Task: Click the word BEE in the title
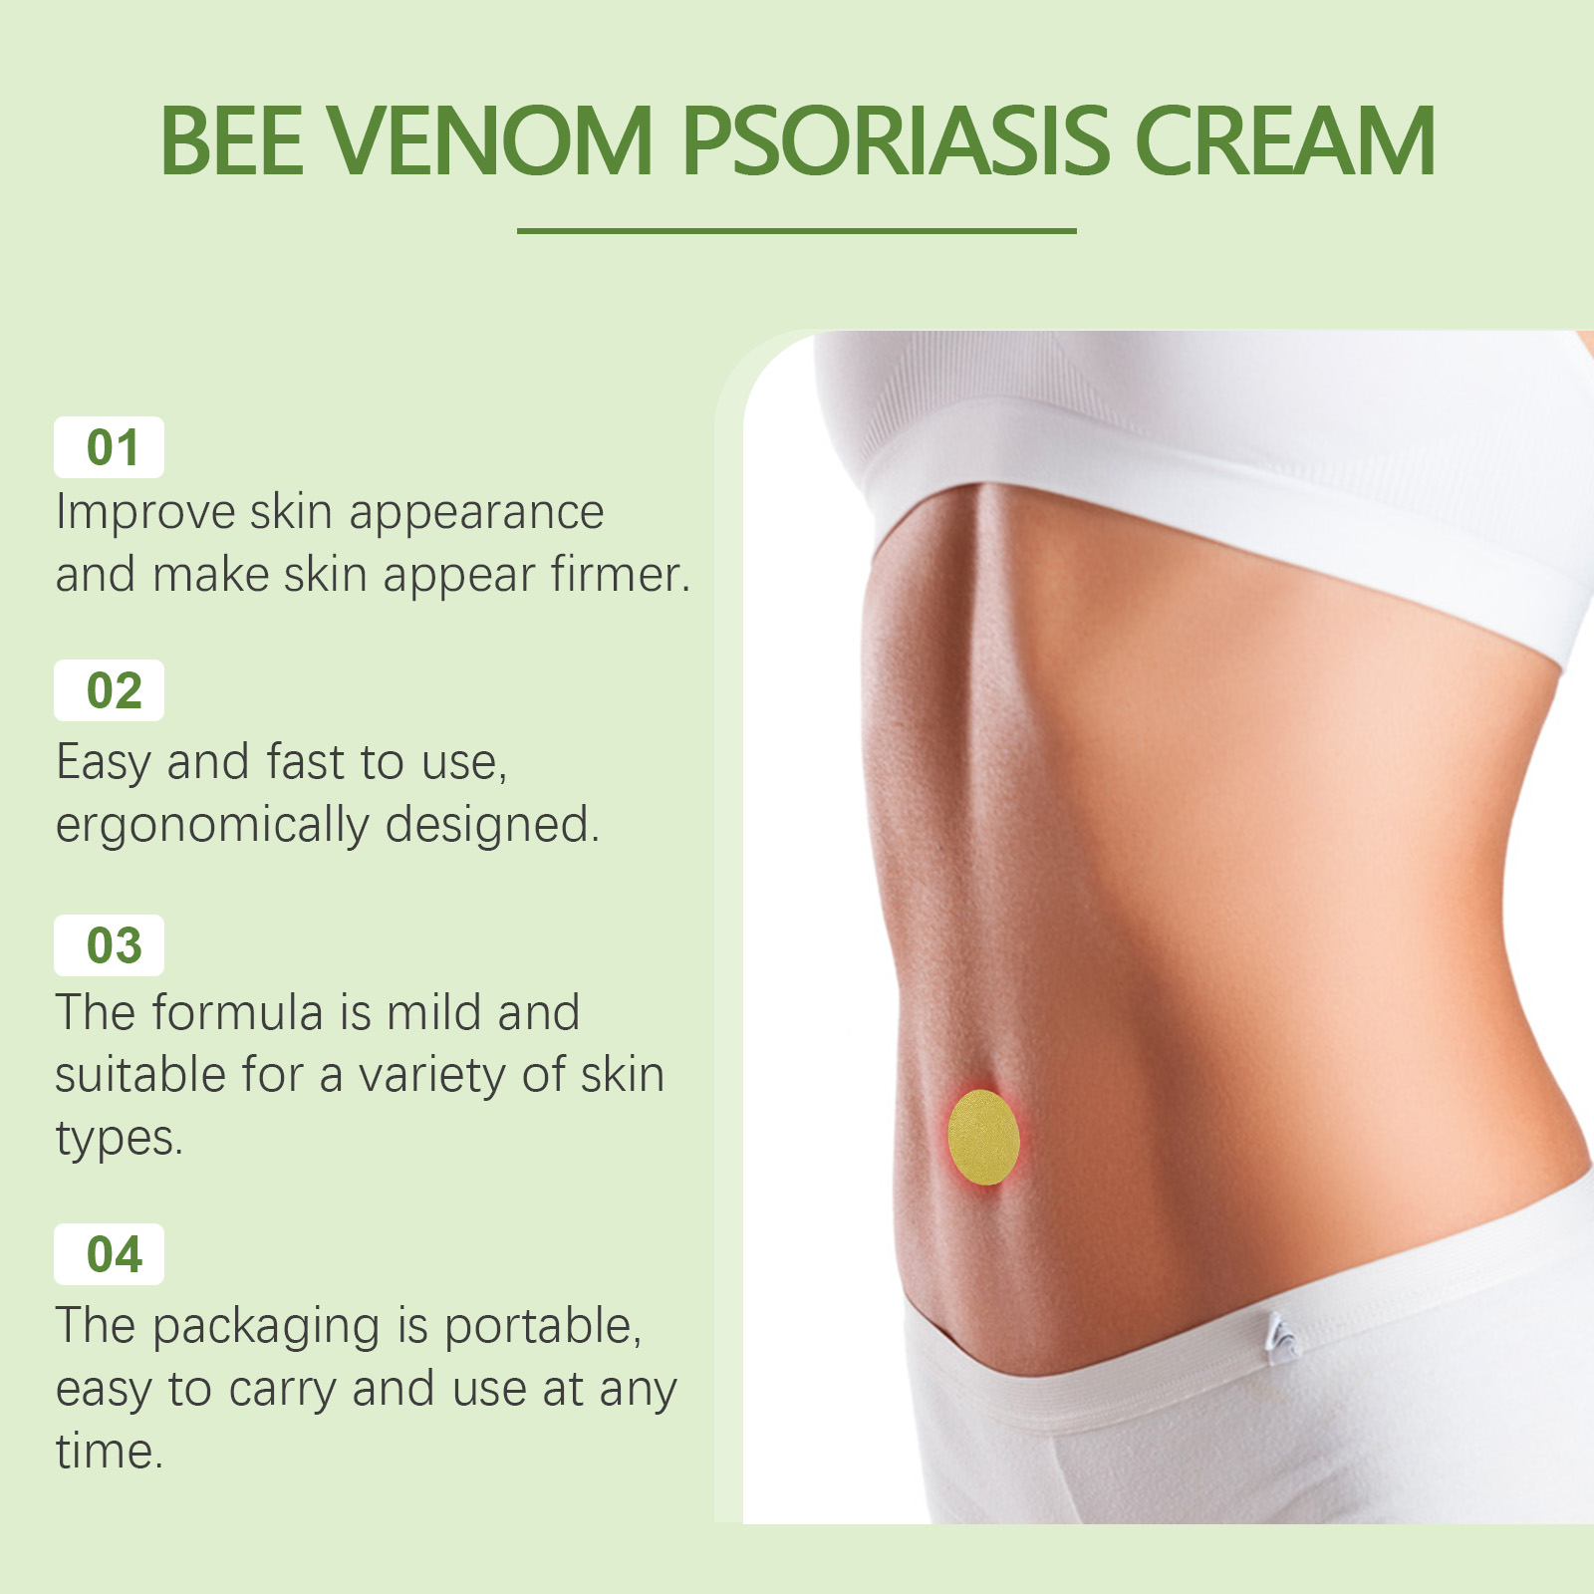tap(231, 141)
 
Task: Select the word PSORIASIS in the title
tap(895, 141)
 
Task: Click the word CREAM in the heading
tap(1285, 141)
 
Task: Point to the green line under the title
tap(797, 231)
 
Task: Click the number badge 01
tap(110, 447)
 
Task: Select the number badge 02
tap(110, 690)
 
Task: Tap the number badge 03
tap(110, 945)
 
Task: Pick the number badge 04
tap(110, 1254)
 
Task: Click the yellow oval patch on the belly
tap(983, 1137)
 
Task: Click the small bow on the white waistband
tap(1280, 1338)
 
